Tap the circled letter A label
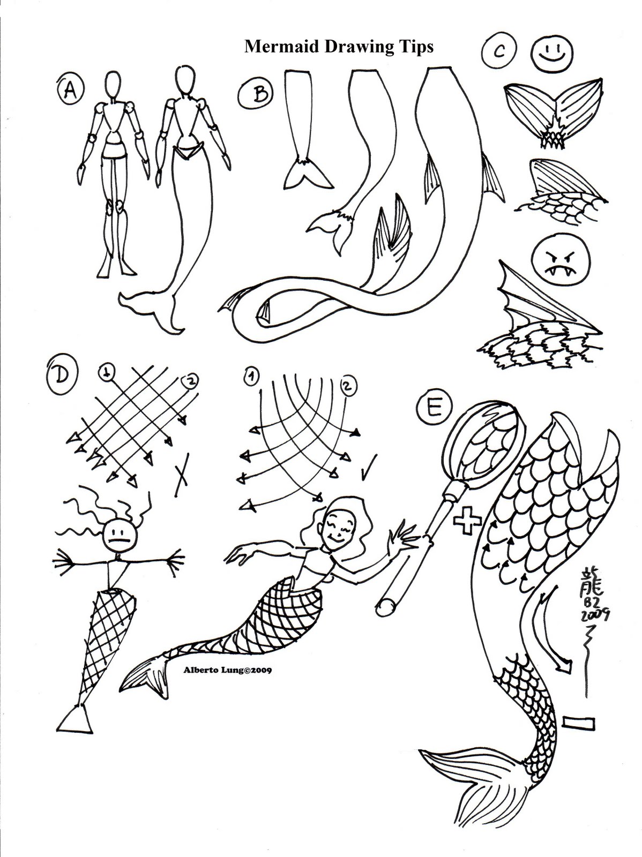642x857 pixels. pos(69,90)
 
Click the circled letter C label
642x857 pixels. pos(498,52)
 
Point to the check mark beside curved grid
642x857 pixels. pos(369,467)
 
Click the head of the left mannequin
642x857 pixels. pos(111,84)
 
